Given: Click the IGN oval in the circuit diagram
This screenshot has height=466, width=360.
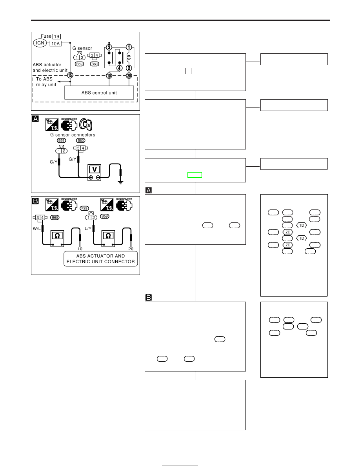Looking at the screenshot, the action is [x=40, y=43].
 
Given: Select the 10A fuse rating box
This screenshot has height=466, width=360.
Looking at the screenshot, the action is [x=55, y=44].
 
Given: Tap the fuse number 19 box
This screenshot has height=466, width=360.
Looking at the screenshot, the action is [x=57, y=36].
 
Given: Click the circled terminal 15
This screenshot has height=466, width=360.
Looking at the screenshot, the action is [x=70, y=75].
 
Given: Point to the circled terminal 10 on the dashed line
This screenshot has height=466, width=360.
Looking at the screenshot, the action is [x=109, y=75].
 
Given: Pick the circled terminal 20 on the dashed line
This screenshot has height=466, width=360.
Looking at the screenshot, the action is [x=129, y=75].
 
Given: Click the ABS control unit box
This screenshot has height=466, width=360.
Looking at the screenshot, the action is [x=99, y=93].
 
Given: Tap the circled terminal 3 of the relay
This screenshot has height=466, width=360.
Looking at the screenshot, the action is [x=109, y=47].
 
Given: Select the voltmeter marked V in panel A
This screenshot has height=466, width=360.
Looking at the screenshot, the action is [x=95, y=173].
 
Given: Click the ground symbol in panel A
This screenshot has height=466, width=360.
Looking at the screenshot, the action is [x=120, y=182].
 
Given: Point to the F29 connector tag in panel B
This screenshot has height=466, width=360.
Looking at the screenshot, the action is [x=84, y=209].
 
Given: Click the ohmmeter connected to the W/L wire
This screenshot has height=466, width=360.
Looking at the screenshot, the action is [x=57, y=238].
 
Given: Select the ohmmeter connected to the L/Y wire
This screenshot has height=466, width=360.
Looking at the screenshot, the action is [x=108, y=238].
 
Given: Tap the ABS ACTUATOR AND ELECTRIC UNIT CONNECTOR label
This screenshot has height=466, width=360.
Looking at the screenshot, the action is [x=101, y=259].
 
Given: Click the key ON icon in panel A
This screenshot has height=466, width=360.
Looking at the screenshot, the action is [x=86, y=124].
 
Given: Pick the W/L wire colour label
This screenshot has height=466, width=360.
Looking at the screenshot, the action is [x=37, y=229].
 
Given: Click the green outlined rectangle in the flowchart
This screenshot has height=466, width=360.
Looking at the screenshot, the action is [x=195, y=175].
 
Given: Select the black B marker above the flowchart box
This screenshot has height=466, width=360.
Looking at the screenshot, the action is [x=149, y=297].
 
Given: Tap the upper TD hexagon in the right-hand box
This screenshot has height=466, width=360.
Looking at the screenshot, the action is [x=302, y=226].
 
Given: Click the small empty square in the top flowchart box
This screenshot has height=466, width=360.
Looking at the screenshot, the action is [x=188, y=71].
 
